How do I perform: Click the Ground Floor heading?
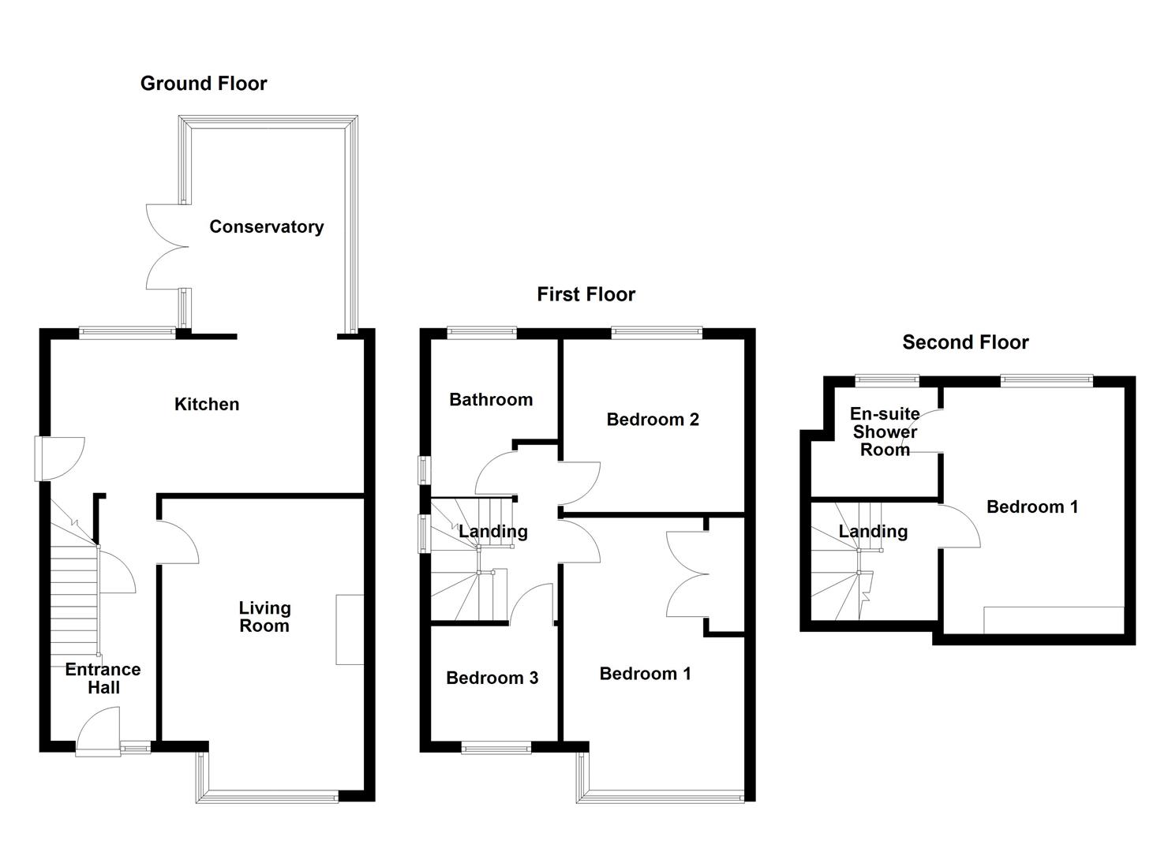204,84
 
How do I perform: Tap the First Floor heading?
586,294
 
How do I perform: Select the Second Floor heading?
965,342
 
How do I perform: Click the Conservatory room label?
266,227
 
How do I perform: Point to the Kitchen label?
206,405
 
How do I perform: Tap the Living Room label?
264,617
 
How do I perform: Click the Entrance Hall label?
103,678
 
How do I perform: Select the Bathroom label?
490,400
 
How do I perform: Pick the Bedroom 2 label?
652,420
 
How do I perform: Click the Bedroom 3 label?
492,678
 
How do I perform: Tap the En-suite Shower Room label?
885,432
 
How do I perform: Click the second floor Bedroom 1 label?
1032,507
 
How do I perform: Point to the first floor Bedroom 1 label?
645,674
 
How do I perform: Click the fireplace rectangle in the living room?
350,630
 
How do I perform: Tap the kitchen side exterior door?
59,458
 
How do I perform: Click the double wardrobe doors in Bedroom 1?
685,574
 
